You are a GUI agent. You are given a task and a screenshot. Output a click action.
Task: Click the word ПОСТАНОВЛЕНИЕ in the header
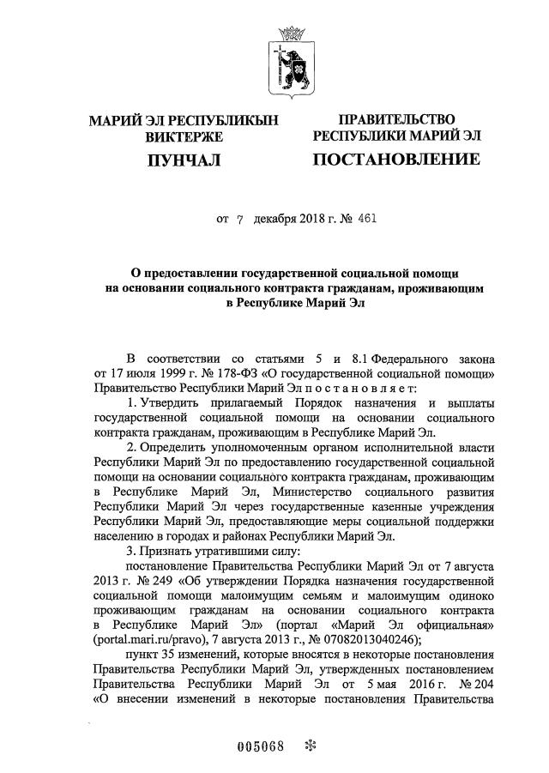(395, 160)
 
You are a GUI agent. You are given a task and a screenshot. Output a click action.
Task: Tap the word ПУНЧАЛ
(184, 160)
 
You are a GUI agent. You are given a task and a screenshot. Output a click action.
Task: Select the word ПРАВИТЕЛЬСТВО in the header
(396, 119)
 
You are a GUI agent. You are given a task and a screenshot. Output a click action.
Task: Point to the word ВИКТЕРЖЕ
(184, 136)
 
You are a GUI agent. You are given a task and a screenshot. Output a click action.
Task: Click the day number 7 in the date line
(240, 219)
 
